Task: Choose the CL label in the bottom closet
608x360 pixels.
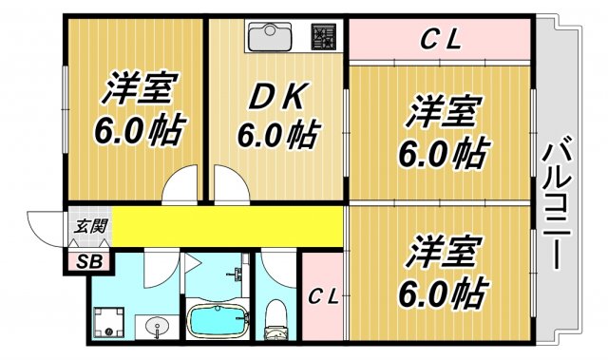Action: coord(323,295)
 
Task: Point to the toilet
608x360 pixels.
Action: coord(276,319)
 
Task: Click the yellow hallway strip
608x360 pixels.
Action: coord(228,226)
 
